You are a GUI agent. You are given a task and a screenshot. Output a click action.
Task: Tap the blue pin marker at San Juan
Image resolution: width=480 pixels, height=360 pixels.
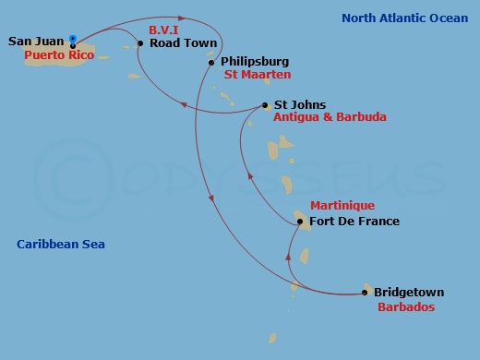(x=73, y=40)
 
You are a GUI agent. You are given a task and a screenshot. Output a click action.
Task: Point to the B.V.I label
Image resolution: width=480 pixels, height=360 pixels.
(x=164, y=30)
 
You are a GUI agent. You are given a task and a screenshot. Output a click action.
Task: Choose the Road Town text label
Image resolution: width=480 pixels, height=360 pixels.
(x=183, y=43)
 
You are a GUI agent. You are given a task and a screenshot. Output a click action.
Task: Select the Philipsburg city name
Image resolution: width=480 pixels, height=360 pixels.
(x=254, y=62)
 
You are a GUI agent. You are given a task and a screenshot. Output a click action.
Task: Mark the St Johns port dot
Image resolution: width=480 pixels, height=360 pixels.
(x=265, y=105)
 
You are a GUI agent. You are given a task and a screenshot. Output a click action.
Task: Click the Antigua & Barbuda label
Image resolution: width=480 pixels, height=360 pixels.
(x=330, y=117)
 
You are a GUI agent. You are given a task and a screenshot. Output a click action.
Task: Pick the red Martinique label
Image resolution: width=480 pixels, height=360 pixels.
(x=342, y=206)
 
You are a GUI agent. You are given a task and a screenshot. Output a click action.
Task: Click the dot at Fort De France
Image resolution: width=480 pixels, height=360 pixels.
(x=300, y=222)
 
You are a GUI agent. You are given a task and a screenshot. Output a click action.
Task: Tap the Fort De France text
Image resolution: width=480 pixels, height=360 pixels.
(x=354, y=222)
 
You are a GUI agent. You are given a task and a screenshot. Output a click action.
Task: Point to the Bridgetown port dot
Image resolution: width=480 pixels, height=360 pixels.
(x=365, y=294)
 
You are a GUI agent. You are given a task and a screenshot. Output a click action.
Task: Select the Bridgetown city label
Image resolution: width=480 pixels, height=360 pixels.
(x=406, y=294)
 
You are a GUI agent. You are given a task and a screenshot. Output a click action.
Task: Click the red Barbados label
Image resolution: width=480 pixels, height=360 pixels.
(x=406, y=307)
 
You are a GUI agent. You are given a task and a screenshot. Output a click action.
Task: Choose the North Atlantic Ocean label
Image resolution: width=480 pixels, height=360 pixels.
(x=404, y=18)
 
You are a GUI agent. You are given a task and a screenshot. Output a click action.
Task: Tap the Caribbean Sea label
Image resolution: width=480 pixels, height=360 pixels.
(x=61, y=245)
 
